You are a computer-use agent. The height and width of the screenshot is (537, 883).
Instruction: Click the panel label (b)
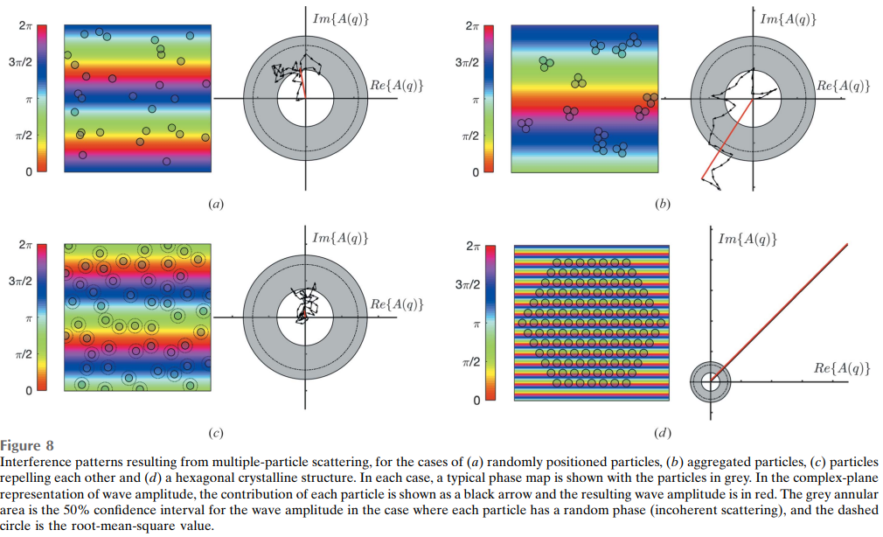tap(662, 205)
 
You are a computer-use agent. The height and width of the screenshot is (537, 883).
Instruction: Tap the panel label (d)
tap(662, 432)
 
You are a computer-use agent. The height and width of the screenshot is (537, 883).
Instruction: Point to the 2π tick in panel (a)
tap(26, 26)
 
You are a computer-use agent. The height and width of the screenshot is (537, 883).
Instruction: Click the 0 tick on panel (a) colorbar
tap(28, 171)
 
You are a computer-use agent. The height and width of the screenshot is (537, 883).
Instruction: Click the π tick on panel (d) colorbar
tap(476, 324)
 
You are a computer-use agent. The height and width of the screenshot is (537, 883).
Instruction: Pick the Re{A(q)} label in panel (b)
tap(843, 86)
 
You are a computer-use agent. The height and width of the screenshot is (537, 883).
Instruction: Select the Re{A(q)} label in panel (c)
tap(397, 304)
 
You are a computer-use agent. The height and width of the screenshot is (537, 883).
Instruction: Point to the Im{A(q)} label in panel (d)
tap(747, 239)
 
